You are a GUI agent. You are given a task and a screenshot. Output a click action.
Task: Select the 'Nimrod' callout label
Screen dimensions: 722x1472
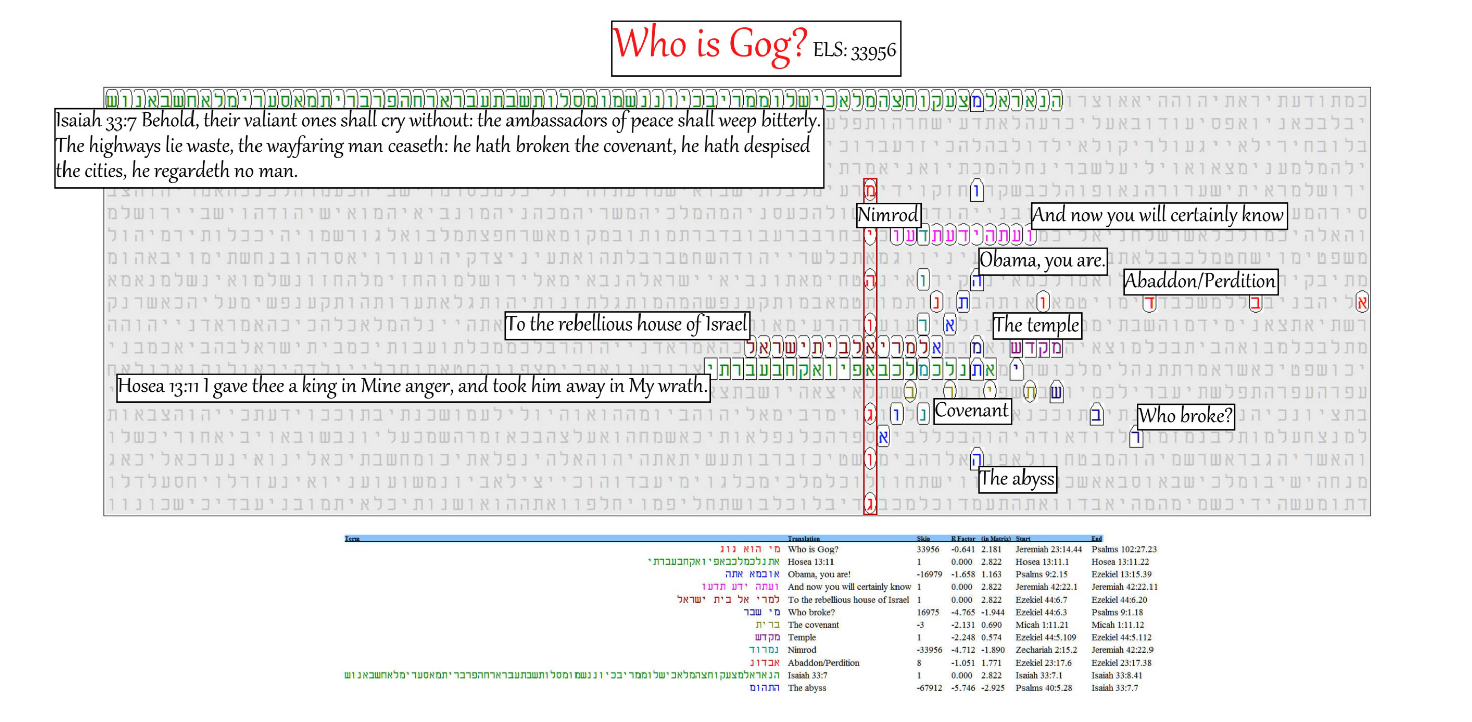pyautogui.click(x=888, y=215)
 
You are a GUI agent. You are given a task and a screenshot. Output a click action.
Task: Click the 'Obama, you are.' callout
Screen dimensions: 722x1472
pyautogui.click(x=1042, y=260)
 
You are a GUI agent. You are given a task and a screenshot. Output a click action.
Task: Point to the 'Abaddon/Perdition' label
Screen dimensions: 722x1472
pyautogui.click(x=1200, y=281)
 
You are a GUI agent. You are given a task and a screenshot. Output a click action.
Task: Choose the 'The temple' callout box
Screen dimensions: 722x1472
pyautogui.click(x=1037, y=325)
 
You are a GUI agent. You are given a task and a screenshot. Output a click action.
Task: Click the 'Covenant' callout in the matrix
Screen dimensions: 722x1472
pyautogui.click(x=972, y=410)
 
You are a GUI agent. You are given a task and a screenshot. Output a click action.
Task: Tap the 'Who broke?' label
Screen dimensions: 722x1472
pyautogui.click(x=1185, y=415)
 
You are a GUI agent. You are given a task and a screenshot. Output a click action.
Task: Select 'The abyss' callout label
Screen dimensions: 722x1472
pyautogui.click(x=1017, y=478)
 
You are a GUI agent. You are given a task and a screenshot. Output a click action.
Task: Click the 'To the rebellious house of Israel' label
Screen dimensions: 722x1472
pyautogui.click(x=627, y=324)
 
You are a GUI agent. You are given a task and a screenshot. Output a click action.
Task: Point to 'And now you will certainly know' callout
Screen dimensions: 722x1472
pyautogui.click(x=1158, y=215)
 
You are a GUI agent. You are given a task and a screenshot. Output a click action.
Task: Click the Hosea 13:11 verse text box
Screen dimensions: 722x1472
pyautogui.click(x=413, y=387)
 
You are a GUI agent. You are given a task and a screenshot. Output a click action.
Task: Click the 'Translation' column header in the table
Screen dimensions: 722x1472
pyautogui.click(x=803, y=538)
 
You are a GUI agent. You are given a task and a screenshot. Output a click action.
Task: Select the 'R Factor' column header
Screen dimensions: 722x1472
pyautogui.click(x=963, y=538)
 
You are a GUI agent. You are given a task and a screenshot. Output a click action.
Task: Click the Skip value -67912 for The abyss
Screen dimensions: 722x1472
pyautogui.click(x=929, y=688)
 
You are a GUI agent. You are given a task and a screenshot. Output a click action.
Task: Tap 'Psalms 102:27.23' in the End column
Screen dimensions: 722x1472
pyautogui.click(x=1123, y=549)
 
